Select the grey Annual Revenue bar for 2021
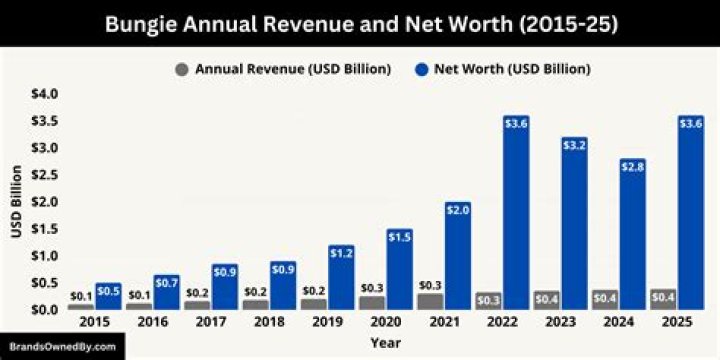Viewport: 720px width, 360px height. point(429,301)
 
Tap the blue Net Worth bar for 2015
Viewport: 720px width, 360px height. point(108,297)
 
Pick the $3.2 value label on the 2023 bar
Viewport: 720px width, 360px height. point(573,144)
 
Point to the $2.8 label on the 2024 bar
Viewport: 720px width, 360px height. point(632,166)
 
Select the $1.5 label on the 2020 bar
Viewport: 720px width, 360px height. point(398,236)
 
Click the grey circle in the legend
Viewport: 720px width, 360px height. point(181,69)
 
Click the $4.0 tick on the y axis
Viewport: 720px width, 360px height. point(46,94)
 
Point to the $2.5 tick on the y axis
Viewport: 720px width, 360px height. point(46,175)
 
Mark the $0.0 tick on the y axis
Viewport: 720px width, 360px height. point(46,310)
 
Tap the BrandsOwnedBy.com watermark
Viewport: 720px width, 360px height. point(64,347)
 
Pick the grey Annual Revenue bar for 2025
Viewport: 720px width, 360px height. point(661,299)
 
